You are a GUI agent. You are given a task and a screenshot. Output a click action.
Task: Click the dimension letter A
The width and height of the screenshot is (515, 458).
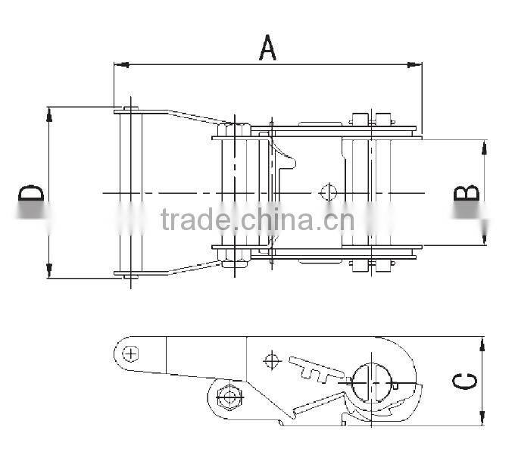(267, 46)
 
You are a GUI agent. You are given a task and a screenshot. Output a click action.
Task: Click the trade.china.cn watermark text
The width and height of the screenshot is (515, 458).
(257, 220)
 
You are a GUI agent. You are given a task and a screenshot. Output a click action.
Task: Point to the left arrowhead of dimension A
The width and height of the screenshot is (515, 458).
(118, 65)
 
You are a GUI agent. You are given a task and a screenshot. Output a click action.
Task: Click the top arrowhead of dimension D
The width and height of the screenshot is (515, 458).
(49, 112)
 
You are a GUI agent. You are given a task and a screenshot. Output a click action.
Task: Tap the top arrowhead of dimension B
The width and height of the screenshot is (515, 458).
(483, 145)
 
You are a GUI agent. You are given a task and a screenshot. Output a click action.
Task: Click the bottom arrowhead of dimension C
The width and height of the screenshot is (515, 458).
(482, 419)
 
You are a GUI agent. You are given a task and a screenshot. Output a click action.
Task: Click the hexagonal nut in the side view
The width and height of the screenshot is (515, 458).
(226, 395)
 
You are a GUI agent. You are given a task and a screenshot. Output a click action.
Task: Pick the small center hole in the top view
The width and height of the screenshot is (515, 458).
(328, 192)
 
